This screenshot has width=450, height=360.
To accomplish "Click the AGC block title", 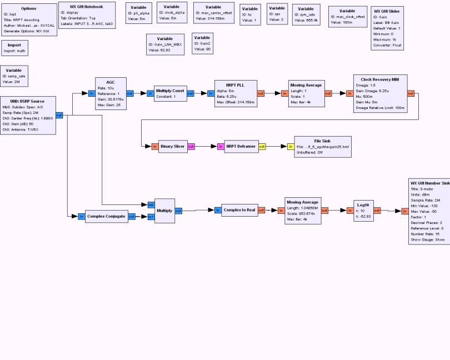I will pyautogui.click(x=110, y=82).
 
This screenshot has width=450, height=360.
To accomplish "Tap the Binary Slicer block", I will pyautogui.click(x=173, y=147).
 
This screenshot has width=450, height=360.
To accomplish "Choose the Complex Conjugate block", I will pyautogui.click(x=107, y=216).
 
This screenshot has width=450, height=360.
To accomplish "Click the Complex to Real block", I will pyautogui.click(x=239, y=210).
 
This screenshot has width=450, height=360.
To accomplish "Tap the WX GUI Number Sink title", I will pyautogui.click(x=429, y=182).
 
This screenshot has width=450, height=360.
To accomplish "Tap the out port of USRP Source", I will pyautogui.click(x=59, y=115).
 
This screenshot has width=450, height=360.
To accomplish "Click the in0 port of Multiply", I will pyautogui.click(x=151, y=204).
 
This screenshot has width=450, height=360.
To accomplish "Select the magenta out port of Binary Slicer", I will pyautogui.click(x=191, y=147).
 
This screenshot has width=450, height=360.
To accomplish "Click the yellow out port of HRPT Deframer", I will pyautogui.click(x=262, y=147).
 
